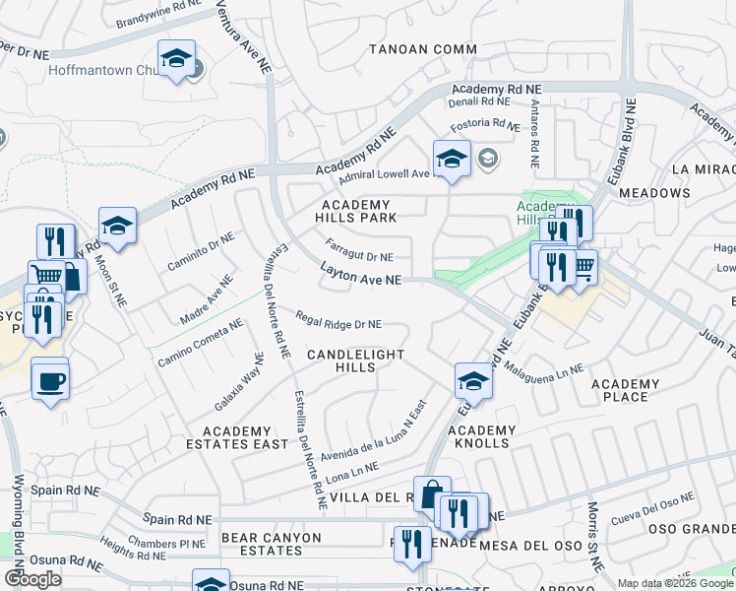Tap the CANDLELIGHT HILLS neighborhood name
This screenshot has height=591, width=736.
[355, 360]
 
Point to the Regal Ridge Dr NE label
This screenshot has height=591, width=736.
[338, 320]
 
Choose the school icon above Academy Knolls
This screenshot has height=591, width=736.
[473, 383]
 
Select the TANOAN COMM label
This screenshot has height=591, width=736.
[423, 49]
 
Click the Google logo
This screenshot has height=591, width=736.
[33, 579]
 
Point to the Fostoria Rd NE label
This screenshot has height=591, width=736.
[484, 125]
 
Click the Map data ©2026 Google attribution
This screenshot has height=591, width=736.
[675, 583]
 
